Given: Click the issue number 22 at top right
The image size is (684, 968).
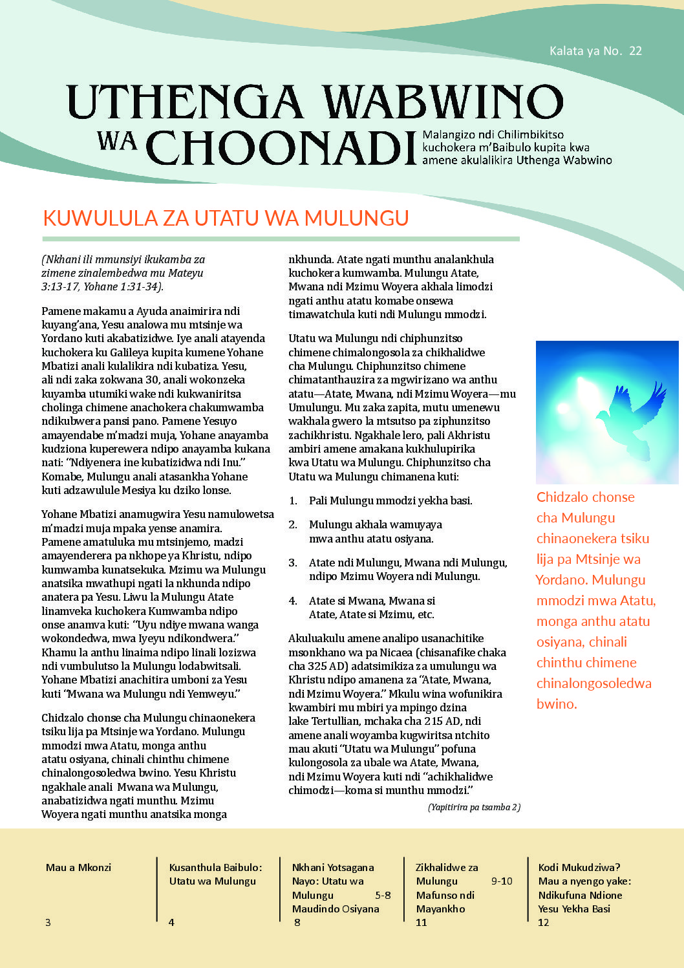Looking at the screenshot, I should tap(635, 51).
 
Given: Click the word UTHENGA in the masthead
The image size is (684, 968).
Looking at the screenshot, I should tap(185, 103).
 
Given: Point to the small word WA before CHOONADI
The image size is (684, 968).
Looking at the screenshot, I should tap(117, 140).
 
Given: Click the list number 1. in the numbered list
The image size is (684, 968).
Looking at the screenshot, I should tap(293, 501).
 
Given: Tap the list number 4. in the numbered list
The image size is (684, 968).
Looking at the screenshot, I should tap(293, 601).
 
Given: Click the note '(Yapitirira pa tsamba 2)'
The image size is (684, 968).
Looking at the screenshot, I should tap(474, 807).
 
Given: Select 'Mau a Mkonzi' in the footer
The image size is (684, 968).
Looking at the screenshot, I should tap(78, 868).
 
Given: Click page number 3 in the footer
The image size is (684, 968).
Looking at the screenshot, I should tap(48, 923).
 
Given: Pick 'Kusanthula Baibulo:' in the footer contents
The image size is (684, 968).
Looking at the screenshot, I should tap(215, 868).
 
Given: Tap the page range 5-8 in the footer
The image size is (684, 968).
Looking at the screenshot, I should tap(383, 896).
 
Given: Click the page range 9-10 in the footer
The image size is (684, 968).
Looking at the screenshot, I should tap(502, 881).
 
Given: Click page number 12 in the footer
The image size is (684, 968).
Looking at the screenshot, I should tap(543, 923).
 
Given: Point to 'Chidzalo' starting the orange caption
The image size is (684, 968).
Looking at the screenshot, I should tap(562, 497).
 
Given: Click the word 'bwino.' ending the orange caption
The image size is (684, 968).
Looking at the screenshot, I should tap(557, 704).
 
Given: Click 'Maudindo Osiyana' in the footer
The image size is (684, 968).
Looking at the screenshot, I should tap(336, 909).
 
